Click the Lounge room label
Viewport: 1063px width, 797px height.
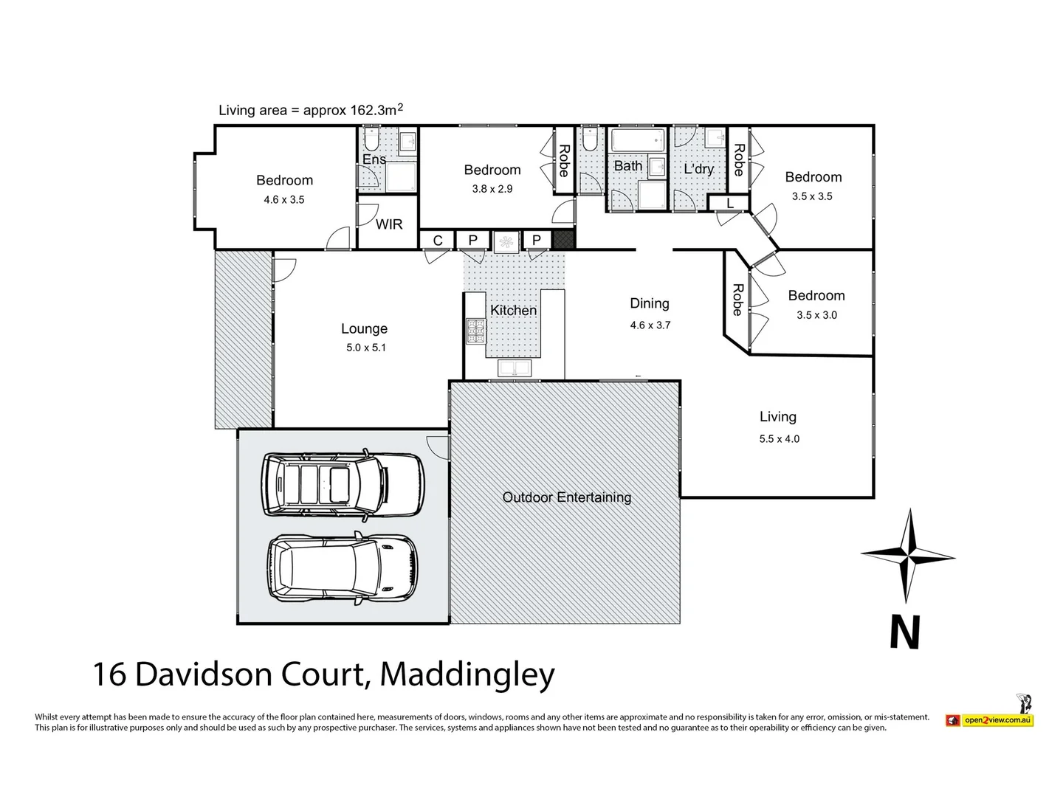[x=364, y=329]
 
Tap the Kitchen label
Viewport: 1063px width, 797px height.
[x=513, y=311]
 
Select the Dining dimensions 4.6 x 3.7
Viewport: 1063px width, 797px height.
[x=650, y=325]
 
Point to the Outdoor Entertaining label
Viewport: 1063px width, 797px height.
[x=566, y=497]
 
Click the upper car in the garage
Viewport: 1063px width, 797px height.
[x=343, y=483]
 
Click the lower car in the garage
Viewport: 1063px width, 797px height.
[x=343, y=567]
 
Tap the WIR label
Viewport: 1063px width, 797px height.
[x=389, y=224]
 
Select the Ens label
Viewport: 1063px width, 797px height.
[x=374, y=159]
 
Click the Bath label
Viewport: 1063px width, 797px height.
[x=627, y=166]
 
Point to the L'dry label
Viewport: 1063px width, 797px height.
[x=698, y=169]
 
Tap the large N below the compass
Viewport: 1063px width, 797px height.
[x=905, y=632]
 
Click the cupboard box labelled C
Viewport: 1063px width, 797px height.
[x=438, y=241]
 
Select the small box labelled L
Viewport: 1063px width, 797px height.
[x=729, y=203]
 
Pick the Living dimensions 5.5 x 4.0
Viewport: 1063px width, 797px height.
[x=779, y=438]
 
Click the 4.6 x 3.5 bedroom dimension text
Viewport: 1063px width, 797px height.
[x=284, y=199]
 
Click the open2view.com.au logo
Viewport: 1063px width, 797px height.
[x=989, y=720]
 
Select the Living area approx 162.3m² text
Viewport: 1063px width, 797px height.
[x=311, y=110]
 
